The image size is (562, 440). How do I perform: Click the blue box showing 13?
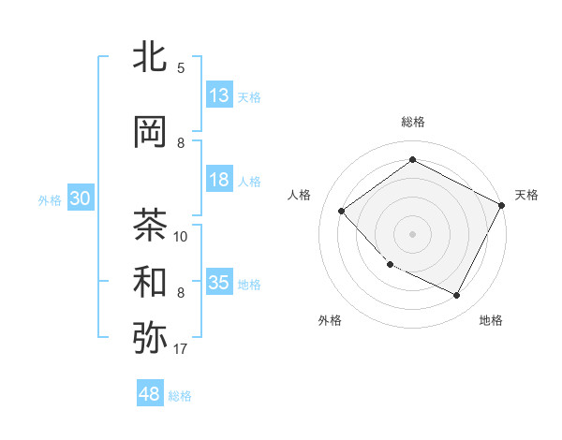pos(219,95)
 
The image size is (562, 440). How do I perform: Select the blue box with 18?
pos(219,180)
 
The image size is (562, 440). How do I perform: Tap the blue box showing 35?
pos(219,283)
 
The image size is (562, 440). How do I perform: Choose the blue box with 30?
pos(80,198)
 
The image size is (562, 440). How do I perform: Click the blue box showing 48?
pos(150,394)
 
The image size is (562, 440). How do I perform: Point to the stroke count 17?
pos(181,350)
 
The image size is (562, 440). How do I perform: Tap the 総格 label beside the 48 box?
pos(180,396)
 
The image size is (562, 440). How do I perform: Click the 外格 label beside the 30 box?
pos(50,199)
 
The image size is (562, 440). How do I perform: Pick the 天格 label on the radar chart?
pos(526,195)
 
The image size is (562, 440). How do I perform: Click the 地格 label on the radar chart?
pos(491,320)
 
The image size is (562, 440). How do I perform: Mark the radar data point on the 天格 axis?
pos(503,205)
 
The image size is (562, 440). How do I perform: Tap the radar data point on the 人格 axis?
pos(342,211)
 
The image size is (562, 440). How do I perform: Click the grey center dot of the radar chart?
pos(412,233)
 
